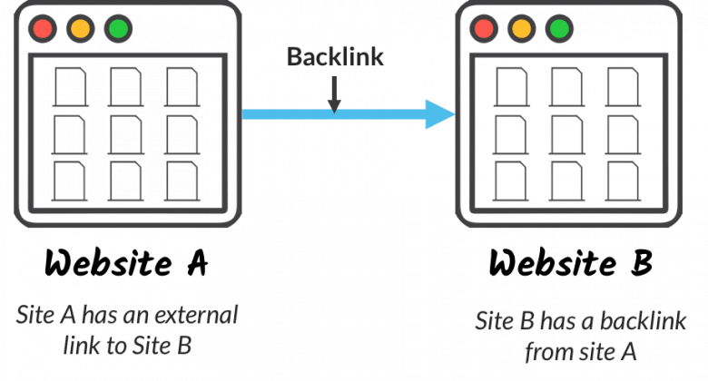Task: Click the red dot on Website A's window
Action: click(x=43, y=28)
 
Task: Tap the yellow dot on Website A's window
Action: click(x=81, y=28)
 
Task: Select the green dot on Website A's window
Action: click(x=118, y=28)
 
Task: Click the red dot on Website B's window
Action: click(x=484, y=28)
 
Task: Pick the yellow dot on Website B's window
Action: click(x=522, y=28)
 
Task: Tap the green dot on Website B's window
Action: click(x=559, y=28)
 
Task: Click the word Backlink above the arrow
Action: click(x=335, y=57)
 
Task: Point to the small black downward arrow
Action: click(x=334, y=95)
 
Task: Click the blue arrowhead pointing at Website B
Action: click(x=440, y=114)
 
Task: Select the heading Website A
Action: click(x=126, y=262)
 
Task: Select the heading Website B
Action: click(x=571, y=262)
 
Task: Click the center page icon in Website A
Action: click(x=126, y=134)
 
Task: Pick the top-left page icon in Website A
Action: click(x=71, y=87)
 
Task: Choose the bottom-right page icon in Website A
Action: click(x=182, y=181)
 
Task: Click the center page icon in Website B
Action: click(x=567, y=134)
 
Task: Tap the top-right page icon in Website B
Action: click(x=623, y=87)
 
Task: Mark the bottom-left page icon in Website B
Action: click(x=511, y=181)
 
